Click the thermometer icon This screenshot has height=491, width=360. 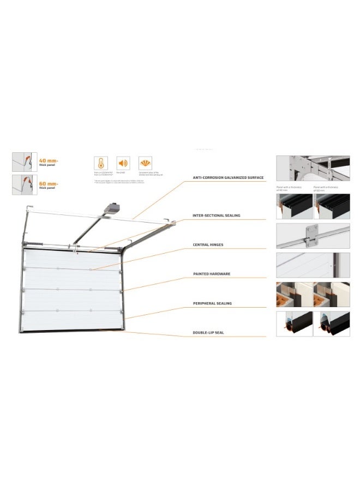point(101,163)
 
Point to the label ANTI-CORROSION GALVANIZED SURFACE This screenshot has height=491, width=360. point(228,178)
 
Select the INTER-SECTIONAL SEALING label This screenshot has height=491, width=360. point(217,215)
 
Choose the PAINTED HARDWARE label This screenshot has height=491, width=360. point(212,273)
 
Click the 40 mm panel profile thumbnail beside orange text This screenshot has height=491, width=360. point(23,162)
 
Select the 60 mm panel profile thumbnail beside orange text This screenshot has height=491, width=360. point(23,185)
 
